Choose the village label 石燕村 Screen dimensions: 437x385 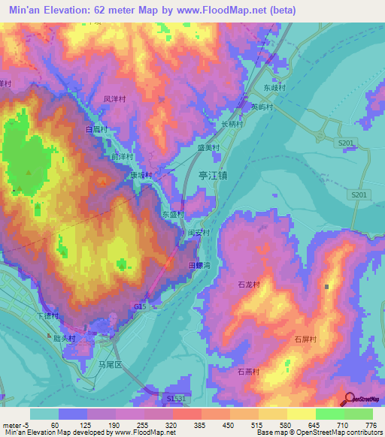249,372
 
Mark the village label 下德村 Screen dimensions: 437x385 47,315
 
